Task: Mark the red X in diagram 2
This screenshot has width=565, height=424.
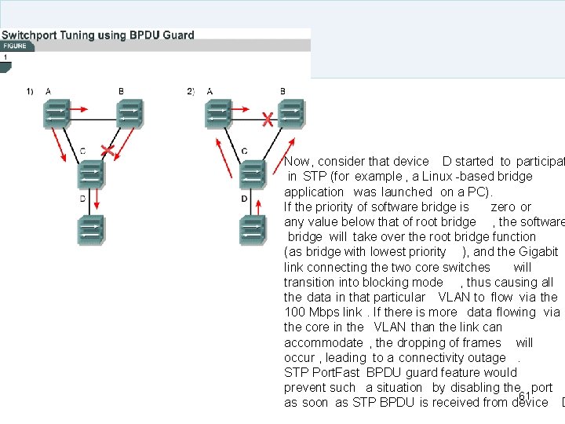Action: click(x=268, y=119)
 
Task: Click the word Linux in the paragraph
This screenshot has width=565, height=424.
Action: click(x=437, y=177)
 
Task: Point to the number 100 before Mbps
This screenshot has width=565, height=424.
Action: click(x=294, y=313)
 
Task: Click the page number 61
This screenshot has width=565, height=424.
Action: click(x=525, y=396)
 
